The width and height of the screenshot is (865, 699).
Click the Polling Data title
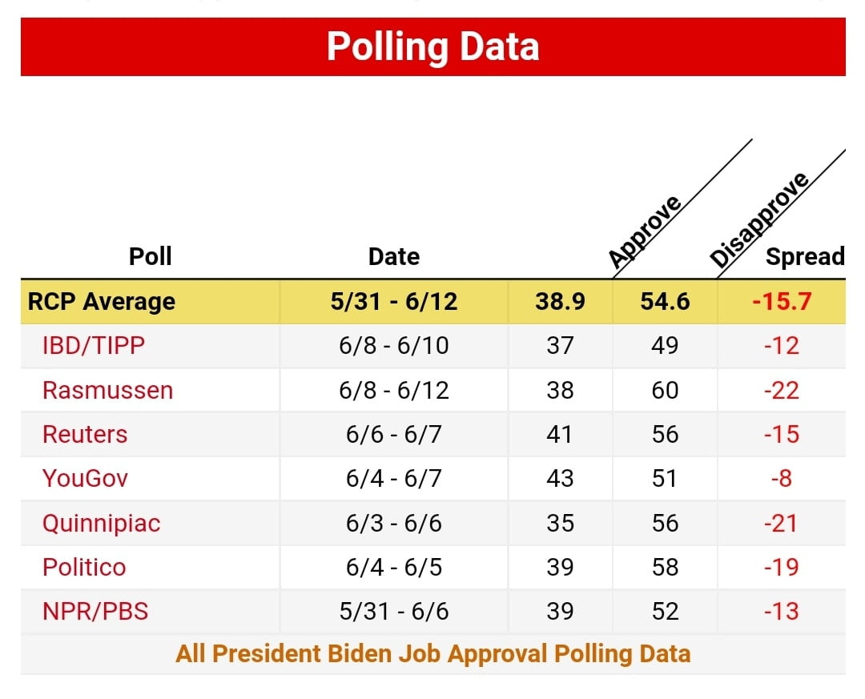point(432,46)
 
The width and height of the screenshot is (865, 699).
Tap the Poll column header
point(151,256)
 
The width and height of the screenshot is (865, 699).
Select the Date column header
point(393,256)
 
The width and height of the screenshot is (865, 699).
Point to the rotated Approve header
point(645,231)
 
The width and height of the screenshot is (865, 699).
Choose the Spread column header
point(804,256)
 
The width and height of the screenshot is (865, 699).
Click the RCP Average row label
point(102,301)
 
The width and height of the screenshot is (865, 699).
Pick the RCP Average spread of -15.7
point(781,301)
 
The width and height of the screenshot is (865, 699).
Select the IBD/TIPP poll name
point(94,346)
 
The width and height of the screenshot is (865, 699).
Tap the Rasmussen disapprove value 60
point(665,390)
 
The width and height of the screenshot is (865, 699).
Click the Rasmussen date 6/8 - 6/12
point(393,390)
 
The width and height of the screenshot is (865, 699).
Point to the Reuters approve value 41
point(560,434)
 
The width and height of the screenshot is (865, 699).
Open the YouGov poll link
point(85,479)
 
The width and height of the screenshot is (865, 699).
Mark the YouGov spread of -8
point(781,479)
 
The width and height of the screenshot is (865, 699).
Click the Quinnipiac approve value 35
point(560,523)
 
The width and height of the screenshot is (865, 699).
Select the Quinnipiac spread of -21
point(781,523)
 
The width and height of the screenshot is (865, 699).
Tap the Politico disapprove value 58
point(665,567)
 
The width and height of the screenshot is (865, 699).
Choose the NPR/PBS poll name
point(95,612)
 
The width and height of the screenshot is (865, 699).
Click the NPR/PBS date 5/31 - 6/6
point(393,612)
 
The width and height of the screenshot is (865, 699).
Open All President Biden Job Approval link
point(432,653)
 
